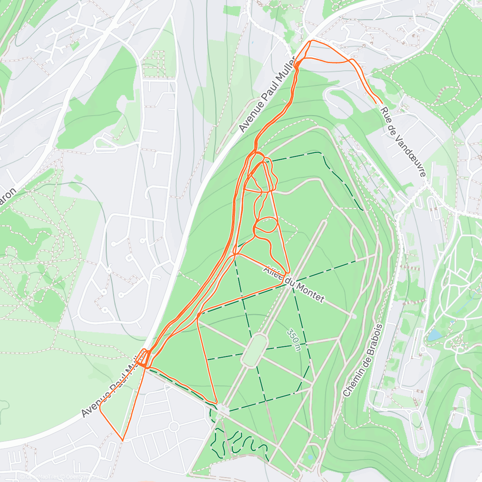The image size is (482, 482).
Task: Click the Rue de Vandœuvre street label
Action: point(402,142)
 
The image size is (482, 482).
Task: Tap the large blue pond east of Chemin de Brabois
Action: point(433,335)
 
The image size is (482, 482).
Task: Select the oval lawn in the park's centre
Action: point(255,350)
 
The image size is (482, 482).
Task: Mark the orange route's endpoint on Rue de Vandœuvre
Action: point(376,103)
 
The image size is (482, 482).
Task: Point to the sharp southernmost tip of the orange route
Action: point(122,440)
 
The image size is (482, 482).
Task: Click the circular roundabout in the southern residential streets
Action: point(174,427)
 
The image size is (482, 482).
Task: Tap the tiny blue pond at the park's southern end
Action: point(309,457)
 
